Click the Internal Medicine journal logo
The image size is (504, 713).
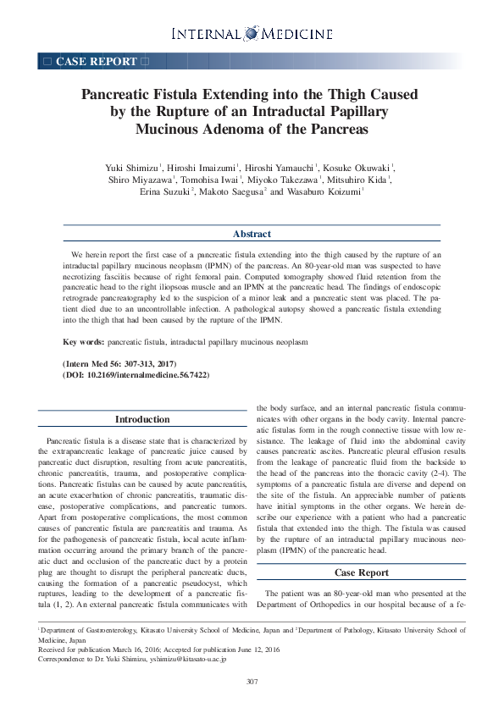252,34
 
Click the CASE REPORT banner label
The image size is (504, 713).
96,61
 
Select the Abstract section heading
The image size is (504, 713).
252,234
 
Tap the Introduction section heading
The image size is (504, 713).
141,419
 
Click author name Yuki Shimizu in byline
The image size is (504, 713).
131,168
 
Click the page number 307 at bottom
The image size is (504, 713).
252,683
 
